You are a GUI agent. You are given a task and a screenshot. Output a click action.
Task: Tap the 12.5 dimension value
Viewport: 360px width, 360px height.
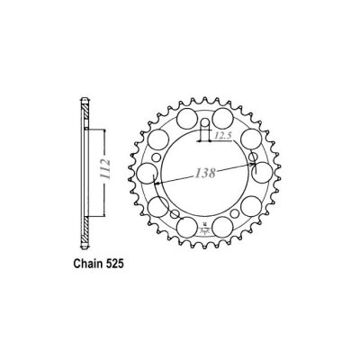coord(225,135)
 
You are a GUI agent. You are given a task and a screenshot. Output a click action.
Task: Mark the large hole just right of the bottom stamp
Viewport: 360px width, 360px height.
coord(224,226)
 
